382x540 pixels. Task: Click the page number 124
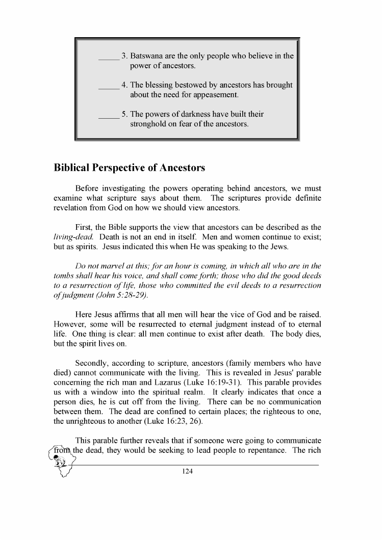click(x=187, y=471)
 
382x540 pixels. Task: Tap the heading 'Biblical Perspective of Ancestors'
click(x=130, y=168)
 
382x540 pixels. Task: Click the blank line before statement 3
click(x=108, y=57)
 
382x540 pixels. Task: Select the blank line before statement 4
click(x=108, y=86)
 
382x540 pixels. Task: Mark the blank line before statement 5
click(x=108, y=115)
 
